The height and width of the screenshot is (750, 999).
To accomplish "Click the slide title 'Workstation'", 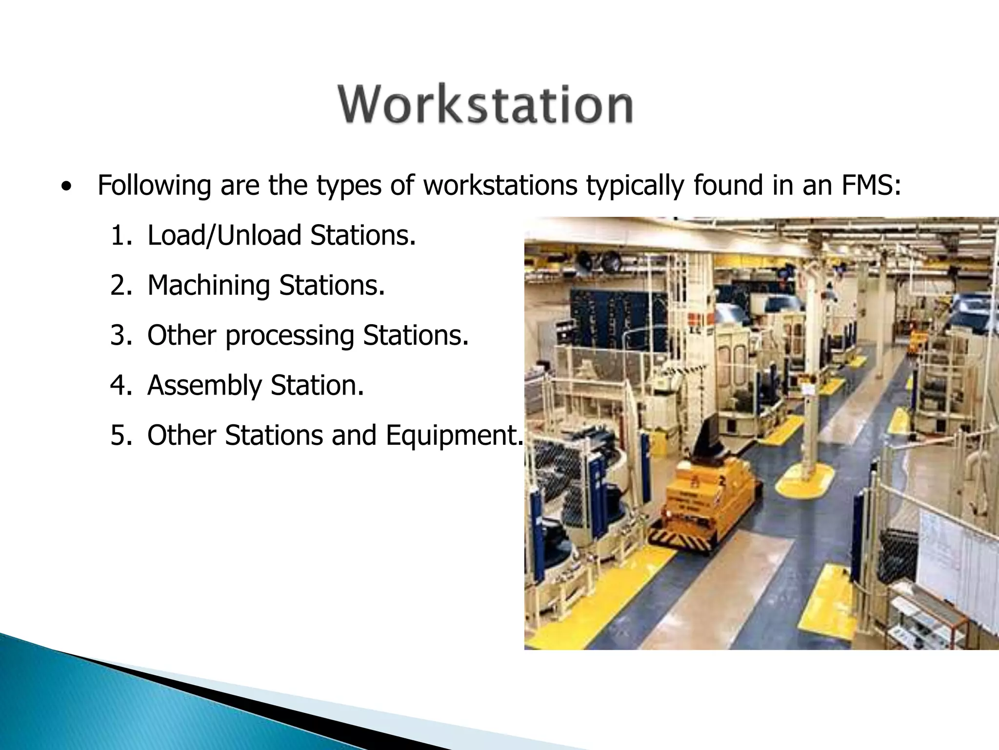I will pos(485,105).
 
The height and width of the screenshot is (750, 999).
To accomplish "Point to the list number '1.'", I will pos(121,235).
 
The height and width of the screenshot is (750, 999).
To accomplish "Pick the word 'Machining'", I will pos(208,286).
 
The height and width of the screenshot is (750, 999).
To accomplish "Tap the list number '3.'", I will pos(121,335).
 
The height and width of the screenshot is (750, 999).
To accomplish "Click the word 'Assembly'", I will pos(204,386).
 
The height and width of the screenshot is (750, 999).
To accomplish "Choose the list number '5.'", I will pos(121,435).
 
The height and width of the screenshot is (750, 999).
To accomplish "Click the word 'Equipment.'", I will pos(454,436).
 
